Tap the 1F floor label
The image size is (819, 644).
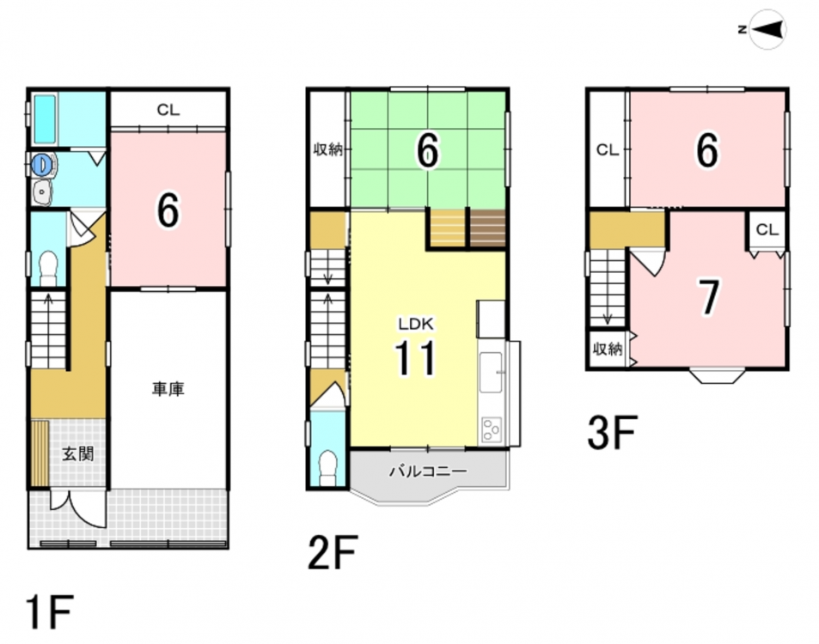[49, 613]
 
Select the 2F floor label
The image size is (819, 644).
[333, 552]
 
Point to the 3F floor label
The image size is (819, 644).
[612, 433]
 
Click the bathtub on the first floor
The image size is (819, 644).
[45, 119]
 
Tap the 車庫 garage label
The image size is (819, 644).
[168, 389]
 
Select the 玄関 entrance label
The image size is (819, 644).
[78, 454]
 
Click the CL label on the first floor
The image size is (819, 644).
[168, 110]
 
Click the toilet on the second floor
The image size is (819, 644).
[328, 468]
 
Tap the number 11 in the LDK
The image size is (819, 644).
[415, 357]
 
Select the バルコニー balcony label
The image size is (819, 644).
[428, 471]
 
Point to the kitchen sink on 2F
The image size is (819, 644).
[491, 373]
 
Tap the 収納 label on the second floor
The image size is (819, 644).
[328, 149]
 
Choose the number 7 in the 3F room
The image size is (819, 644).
[709, 297]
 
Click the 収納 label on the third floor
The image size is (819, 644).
[608, 349]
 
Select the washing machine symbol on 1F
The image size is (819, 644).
[43, 165]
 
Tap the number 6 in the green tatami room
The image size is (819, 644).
[428, 150]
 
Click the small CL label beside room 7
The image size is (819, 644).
[767, 229]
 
